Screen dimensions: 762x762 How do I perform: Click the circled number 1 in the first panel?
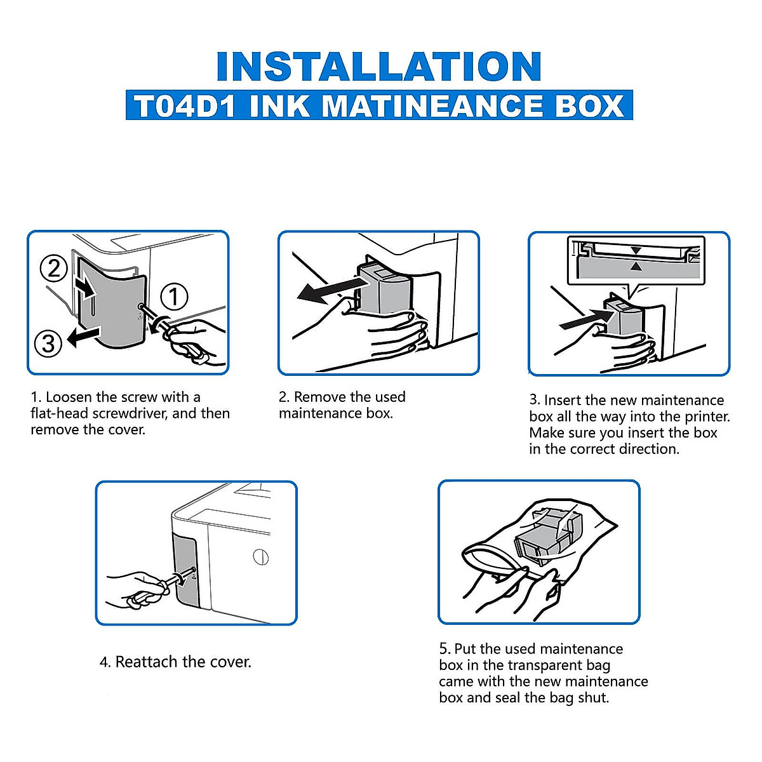click(173, 297)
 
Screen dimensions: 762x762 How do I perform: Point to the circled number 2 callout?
click(53, 268)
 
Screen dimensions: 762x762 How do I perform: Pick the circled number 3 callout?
click(49, 344)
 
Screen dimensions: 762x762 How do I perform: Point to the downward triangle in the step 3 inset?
click(636, 250)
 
